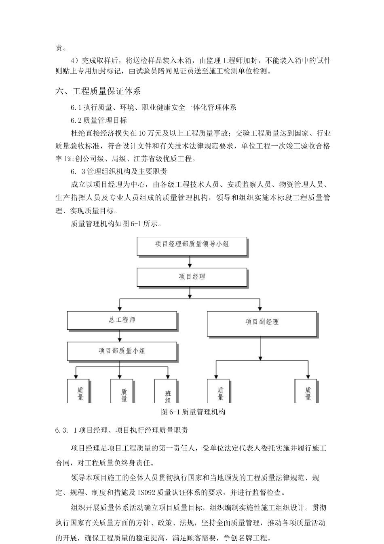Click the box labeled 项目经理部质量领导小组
point(192,246)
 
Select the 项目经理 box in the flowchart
point(192,277)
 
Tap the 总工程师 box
point(122,320)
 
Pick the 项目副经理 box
point(262,324)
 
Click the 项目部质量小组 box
point(122,351)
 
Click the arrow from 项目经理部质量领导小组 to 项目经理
point(190,262)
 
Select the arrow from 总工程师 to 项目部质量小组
point(120,336)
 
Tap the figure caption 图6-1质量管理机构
point(193,412)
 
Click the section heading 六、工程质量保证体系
point(98,91)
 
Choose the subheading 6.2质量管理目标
point(99,120)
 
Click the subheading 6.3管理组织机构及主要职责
point(119,172)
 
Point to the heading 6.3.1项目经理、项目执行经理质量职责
point(122,430)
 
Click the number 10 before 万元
point(142,133)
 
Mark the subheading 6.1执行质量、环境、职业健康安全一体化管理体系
point(154,107)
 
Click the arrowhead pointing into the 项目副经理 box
point(260,309)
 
